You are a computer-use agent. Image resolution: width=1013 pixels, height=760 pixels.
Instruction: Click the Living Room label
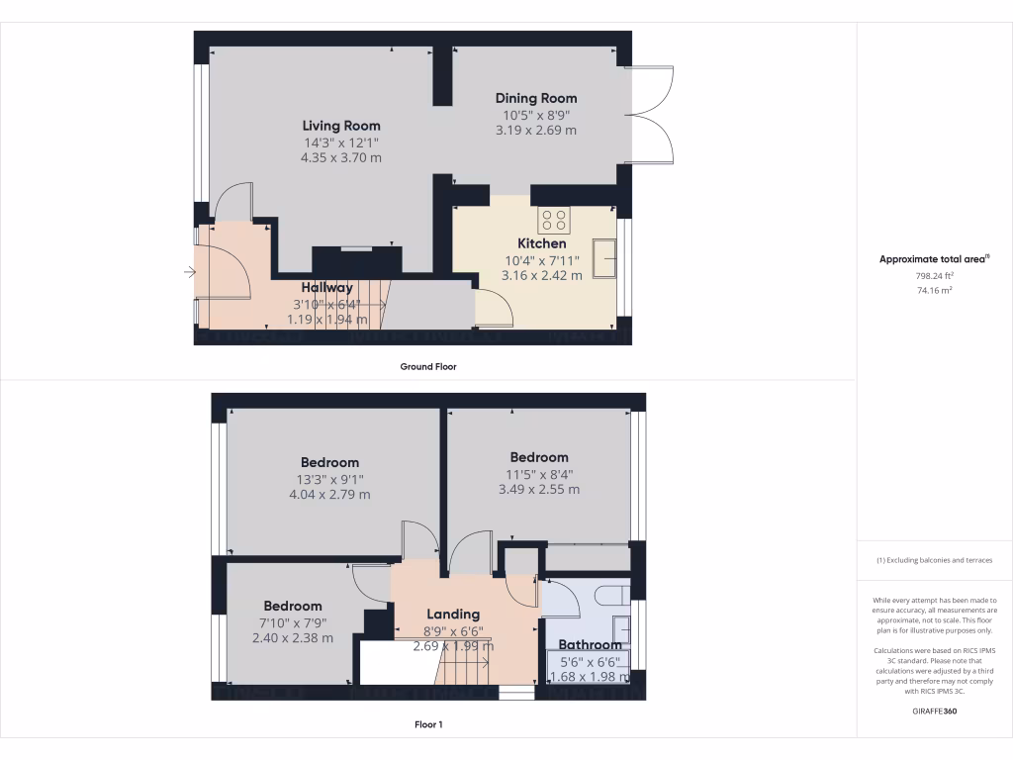click(x=341, y=126)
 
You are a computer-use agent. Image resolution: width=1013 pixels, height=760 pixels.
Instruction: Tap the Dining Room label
click(x=536, y=98)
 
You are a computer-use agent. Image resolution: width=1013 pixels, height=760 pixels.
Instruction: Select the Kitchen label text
click(x=542, y=243)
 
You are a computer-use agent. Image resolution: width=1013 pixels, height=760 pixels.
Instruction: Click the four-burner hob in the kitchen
click(x=554, y=219)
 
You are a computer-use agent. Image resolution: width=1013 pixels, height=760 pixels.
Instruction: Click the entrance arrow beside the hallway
click(x=189, y=271)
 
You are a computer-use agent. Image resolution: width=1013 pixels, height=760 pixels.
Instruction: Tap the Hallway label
click(x=326, y=287)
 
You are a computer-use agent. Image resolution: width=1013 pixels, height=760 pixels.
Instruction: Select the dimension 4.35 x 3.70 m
click(x=341, y=157)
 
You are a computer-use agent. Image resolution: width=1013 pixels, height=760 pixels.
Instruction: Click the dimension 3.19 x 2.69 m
click(x=536, y=130)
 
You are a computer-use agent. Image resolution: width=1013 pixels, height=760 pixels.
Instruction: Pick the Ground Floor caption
click(x=427, y=366)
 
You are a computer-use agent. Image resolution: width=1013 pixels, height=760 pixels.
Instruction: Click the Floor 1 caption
click(x=427, y=724)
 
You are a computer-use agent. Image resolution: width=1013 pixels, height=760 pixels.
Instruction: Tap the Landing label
click(x=453, y=614)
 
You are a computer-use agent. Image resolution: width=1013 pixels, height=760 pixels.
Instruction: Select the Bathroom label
click(x=590, y=645)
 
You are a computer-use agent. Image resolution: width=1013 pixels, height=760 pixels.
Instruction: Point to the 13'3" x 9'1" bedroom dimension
click(x=329, y=479)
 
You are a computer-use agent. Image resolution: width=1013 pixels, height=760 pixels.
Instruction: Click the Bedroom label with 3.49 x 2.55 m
click(x=539, y=457)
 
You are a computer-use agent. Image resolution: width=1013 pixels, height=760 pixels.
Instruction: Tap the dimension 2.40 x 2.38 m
click(x=292, y=638)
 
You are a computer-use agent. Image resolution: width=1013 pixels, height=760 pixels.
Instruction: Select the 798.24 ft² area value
click(x=934, y=276)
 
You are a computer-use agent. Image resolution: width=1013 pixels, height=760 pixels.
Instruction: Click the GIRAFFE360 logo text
click(x=934, y=711)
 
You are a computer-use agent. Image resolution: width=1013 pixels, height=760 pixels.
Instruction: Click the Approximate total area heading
click(x=933, y=259)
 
